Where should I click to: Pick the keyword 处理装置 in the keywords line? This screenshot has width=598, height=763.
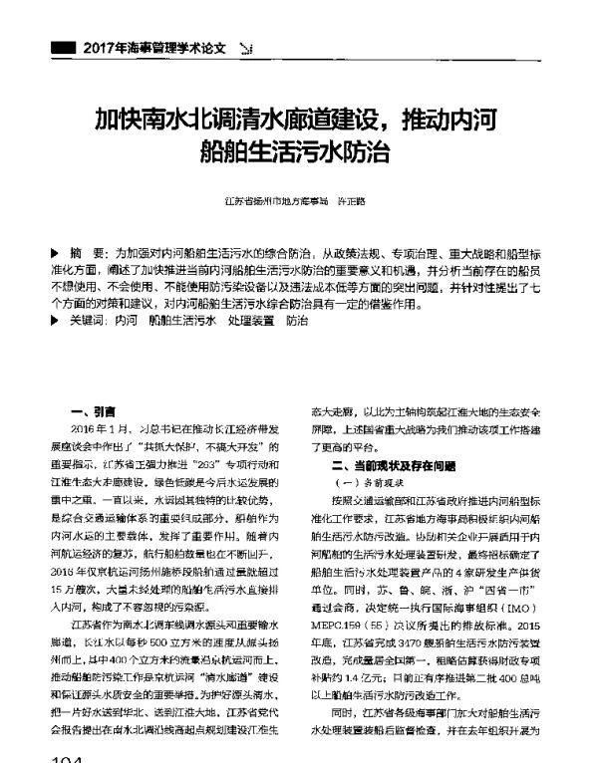click(251, 322)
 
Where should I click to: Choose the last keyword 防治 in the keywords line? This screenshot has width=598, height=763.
click(297, 322)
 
